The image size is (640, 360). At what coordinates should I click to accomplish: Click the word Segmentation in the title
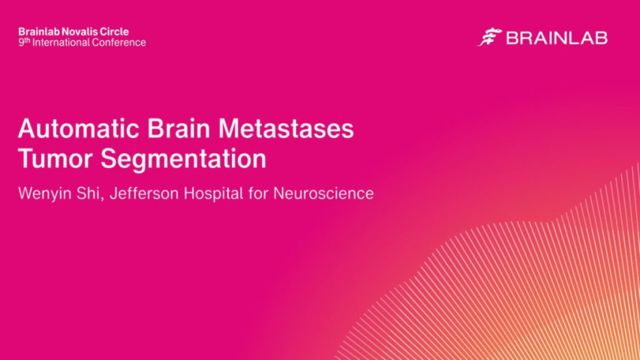click(x=180, y=160)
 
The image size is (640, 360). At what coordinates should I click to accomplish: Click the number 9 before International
click(x=21, y=43)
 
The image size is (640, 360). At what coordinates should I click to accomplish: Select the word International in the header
click(x=62, y=43)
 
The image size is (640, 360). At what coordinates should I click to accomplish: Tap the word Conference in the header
click(x=119, y=43)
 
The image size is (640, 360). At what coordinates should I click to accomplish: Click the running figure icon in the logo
click(x=489, y=37)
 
